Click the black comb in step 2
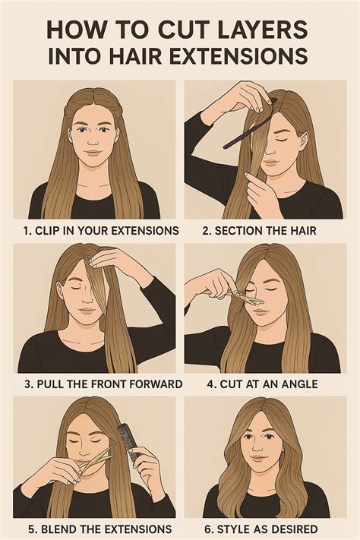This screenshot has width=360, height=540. [247, 126]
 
